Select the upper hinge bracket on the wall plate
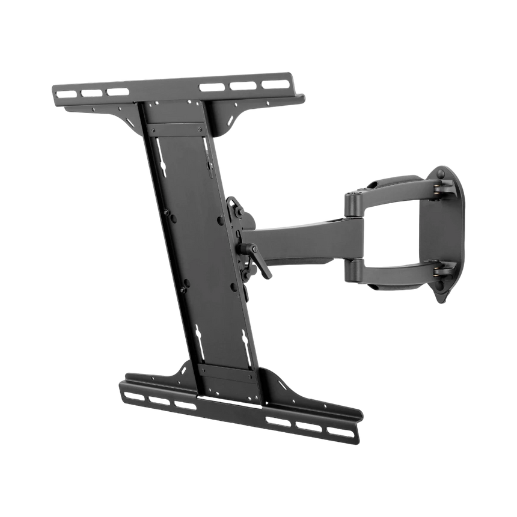pos(442,188)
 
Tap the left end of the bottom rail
pos(124,385)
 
